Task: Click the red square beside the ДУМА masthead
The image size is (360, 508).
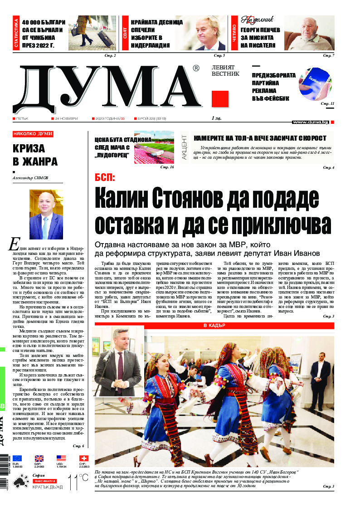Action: point(220,99)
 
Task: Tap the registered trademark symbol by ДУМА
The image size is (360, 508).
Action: point(195,68)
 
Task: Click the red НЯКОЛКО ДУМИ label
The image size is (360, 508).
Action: point(33,134)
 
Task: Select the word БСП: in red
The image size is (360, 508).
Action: point(105,177)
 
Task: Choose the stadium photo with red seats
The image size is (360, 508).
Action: point(154,148)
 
